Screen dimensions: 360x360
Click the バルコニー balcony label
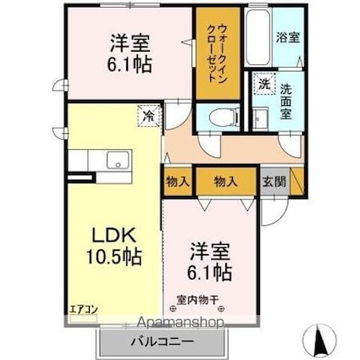point(162,342)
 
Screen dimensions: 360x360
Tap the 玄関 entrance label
point(273,180)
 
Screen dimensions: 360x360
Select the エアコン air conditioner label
point(84,308)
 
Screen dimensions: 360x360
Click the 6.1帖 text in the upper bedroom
point(130,63)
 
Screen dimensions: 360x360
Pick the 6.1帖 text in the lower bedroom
point(210,273)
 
